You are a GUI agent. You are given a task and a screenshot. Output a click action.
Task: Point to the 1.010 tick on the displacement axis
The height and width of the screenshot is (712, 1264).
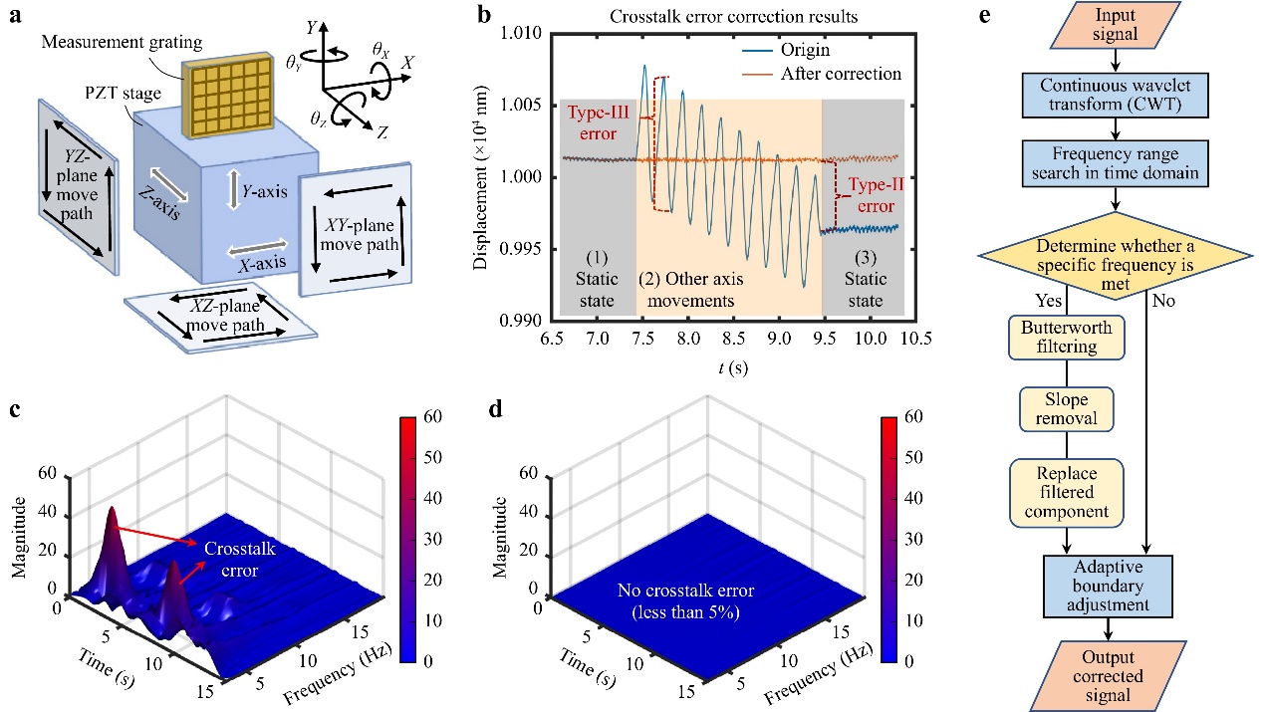pyautogui.click(x=526, y=34)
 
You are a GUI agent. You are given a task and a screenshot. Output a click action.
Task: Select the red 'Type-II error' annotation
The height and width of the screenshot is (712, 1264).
pyautogui.click(x=865, y=196)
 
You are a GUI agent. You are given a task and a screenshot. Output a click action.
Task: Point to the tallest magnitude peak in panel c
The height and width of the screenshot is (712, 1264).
pyautogui.click(x=112, y=511)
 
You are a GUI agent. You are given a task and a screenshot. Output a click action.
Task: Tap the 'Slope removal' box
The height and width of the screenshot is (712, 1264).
pyautogui.click(x=1067, y=406)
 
